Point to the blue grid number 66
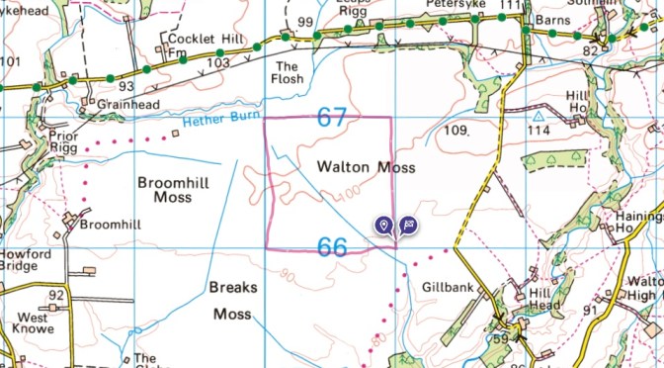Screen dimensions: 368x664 click(332, 245)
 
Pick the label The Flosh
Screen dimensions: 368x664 click(289, 72)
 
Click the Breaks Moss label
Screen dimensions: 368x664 click(233, 301)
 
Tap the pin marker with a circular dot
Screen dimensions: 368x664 click(384, 226)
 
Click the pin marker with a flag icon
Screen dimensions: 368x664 click(408, 226)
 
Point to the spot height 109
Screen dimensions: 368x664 click(455, 130)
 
